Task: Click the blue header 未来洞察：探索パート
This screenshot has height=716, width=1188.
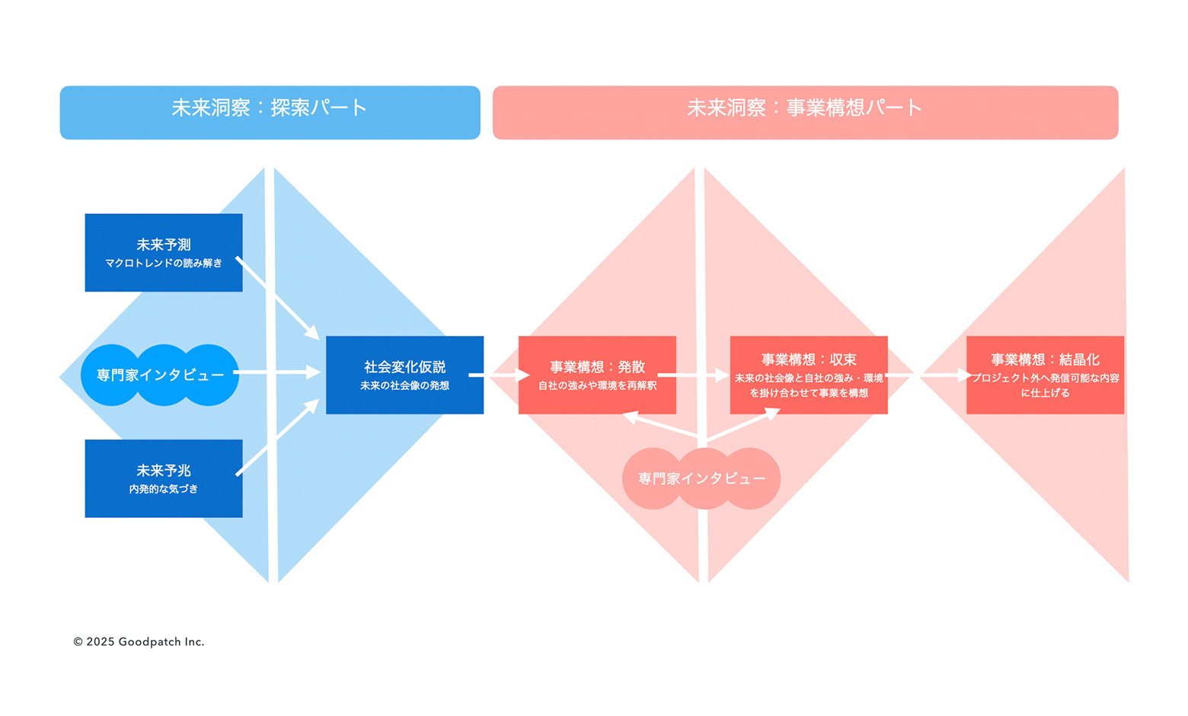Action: point(270,112)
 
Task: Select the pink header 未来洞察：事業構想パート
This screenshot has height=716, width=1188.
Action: point(805,112)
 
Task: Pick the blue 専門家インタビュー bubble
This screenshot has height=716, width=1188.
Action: point(160,375)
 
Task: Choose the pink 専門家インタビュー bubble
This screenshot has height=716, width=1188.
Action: point(701,478)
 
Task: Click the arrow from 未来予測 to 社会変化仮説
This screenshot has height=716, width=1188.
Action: point(277,298)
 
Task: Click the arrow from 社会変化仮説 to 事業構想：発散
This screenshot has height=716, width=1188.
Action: point(500,375)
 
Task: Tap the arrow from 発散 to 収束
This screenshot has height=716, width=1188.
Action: point(693,375)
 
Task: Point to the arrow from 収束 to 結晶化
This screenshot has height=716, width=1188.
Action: point(929,375)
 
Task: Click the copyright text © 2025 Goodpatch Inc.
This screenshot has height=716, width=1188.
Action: point(139,641)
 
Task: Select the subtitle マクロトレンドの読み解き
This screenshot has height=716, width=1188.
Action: point(163,264)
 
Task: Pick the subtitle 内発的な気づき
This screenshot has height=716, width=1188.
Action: point(163,489)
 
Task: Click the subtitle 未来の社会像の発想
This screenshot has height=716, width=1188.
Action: point(404,386)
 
